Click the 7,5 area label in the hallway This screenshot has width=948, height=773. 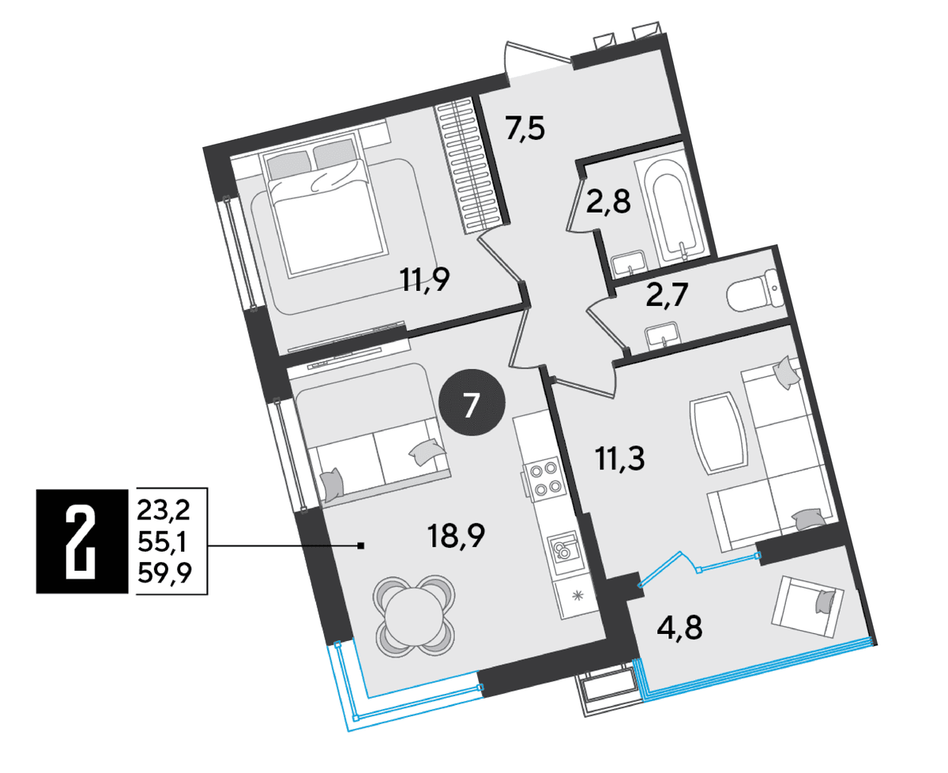coord(525,128)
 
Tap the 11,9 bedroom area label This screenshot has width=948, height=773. coord(424,280)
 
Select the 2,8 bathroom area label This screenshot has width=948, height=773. coord(608,202)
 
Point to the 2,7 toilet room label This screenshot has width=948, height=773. coord(668,295)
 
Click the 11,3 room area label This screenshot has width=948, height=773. coord(620,458)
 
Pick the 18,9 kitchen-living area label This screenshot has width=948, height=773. coord(456,536)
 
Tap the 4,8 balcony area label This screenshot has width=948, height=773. coord(679,627)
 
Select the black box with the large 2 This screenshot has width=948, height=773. coord(82,541)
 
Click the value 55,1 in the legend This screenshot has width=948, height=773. coord(164,541)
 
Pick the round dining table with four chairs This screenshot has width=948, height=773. coord(414,616)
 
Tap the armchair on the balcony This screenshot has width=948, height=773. coord(808,607)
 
